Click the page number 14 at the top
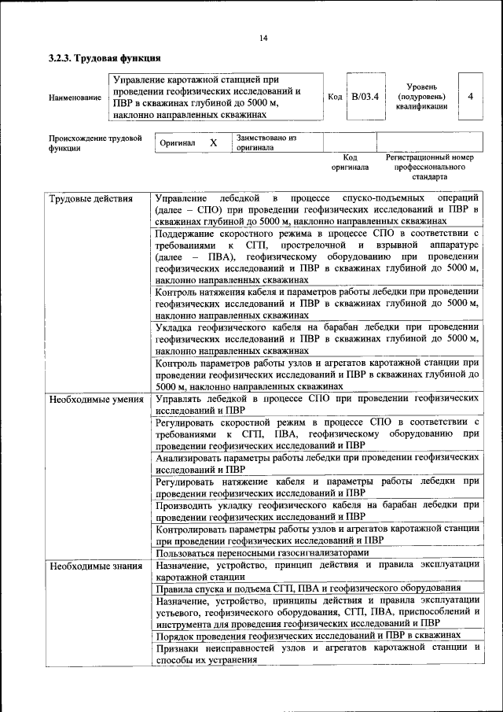click(x=263, y=39)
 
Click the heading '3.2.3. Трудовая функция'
click(x=105, y=59)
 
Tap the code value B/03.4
click(x=365, y=97)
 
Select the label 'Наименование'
click(x=75, y=98)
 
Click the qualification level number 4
click(x=470, y=97)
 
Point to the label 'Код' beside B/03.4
click(x=335, y=97)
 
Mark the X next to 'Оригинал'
click(x=213, y=143)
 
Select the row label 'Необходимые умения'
click(x=96, y=400)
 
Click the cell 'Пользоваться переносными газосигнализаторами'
click(x=262, y=552)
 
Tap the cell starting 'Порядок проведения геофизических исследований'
click(x=307, y=635)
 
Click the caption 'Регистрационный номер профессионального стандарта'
click(x=430, y=167)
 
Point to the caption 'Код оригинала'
click(x=350, y=162)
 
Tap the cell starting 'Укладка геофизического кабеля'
click(x=317, y=338)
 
